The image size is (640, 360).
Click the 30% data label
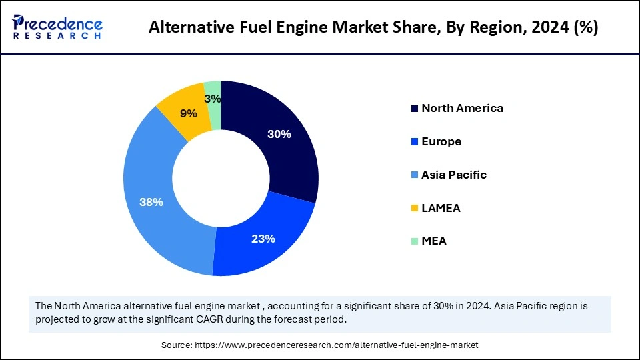279,134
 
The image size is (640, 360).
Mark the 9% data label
188,113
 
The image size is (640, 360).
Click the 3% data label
213,99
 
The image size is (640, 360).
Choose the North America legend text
462,108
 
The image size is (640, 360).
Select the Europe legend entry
441,141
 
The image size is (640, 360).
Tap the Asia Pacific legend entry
454,175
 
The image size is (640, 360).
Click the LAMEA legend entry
441,208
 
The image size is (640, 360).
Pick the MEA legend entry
434,241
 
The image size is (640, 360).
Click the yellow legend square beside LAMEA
415,208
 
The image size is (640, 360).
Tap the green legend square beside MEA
415,241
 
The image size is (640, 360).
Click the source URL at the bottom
336,345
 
